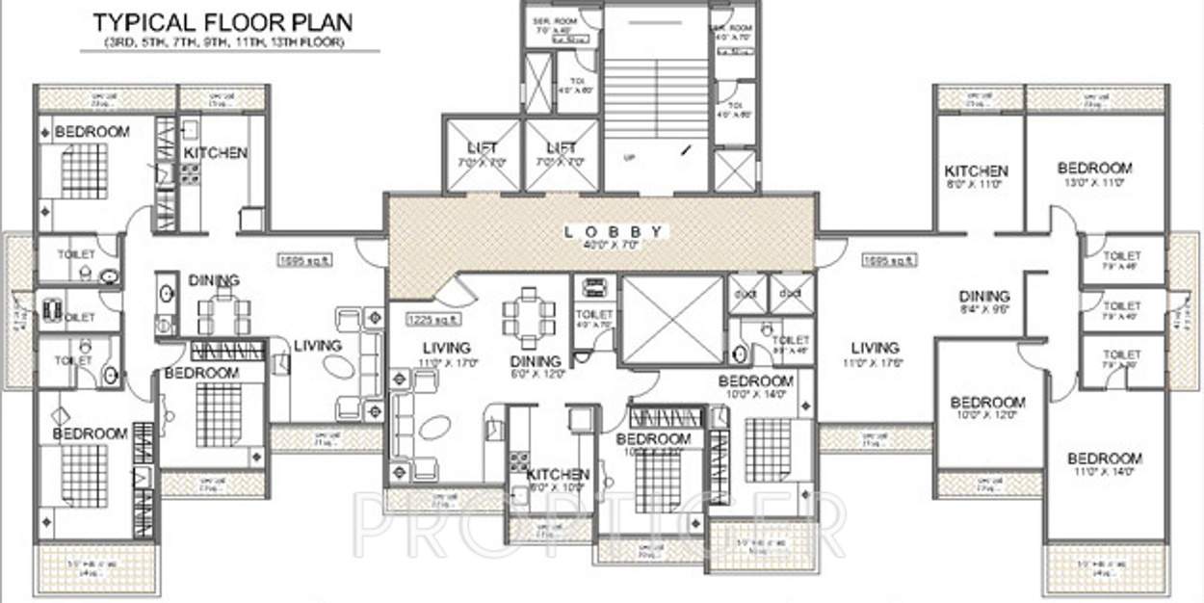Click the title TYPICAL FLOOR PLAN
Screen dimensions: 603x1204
(222, 22)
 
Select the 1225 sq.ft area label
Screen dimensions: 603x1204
(432, 320)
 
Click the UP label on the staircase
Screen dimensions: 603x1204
(628, 158)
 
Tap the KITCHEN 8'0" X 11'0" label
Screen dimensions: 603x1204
(976, 176)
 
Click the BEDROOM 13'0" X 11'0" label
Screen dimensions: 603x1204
(1094, 173)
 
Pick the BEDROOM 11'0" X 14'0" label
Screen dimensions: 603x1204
(1105, 464)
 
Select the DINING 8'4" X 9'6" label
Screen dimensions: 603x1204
(984, 302)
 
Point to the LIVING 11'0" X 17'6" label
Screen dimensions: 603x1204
(876, 354)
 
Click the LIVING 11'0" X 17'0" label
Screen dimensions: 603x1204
(446, 354)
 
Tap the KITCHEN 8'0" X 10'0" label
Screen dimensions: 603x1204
(558, 481)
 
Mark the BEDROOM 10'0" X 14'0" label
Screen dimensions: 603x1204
(756, 387)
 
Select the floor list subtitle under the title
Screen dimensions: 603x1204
(222, 44)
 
